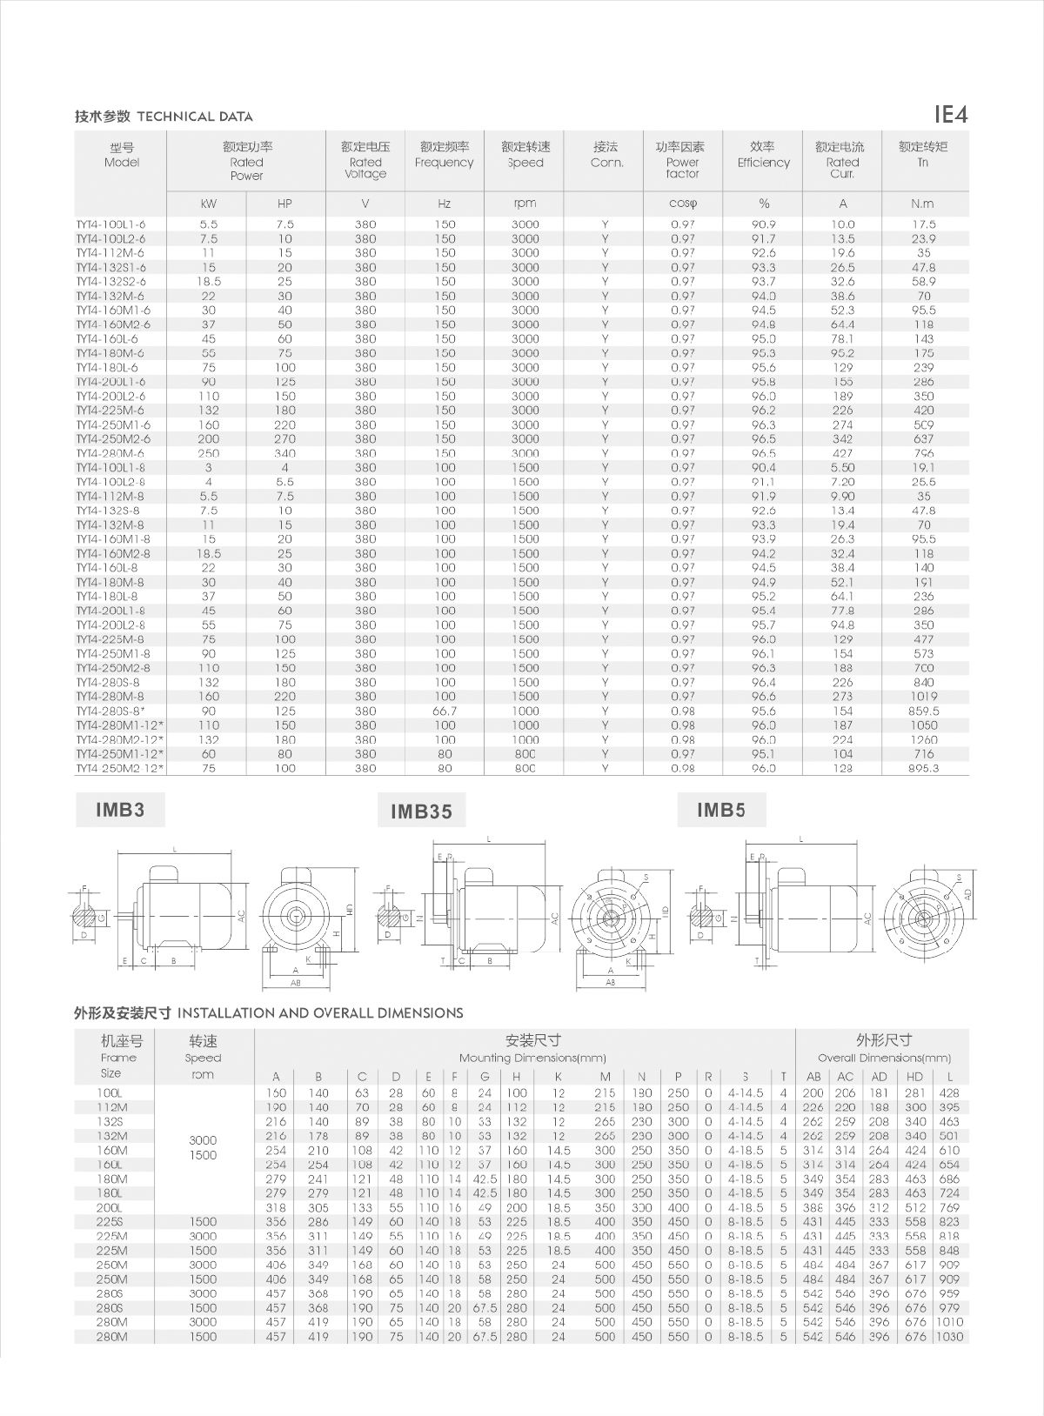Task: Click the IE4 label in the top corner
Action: (950, 114)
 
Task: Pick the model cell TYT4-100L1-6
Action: (110, 224)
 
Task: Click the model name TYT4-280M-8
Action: (110, 697)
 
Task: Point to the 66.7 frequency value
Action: (445, 711)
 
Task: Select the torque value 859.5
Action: (923, 711)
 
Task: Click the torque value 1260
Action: (923, 739)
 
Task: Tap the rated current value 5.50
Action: (842, 467)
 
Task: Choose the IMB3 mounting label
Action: (120, 811)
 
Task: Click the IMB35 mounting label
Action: (421, 812)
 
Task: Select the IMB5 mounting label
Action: (721, 811)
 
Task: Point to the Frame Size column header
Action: (118, 1057)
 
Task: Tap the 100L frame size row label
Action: (110, 1093)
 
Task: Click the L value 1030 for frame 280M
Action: (949, 1336)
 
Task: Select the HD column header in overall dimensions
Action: (914, 1077)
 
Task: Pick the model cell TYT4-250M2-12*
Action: (119, 768)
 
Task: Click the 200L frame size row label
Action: (110, 1207)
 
